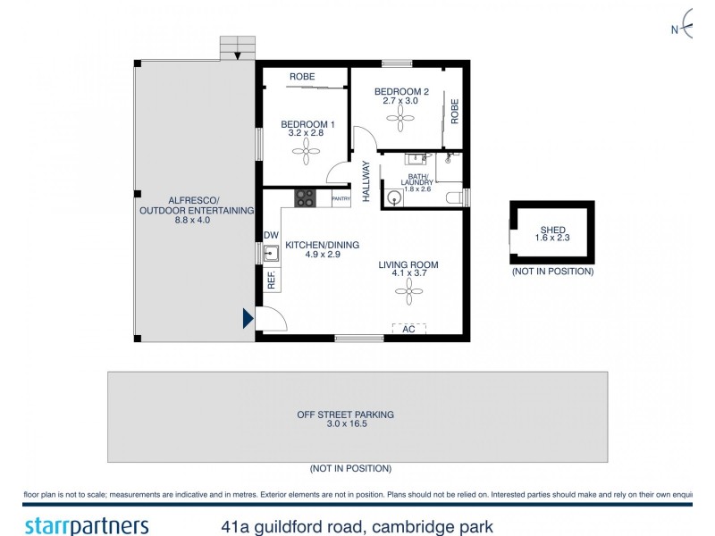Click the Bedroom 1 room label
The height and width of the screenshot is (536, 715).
[x=307, y=124]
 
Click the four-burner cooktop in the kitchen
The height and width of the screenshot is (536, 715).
[x=306, y=198]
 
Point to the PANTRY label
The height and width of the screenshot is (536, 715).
[x=341, y=198]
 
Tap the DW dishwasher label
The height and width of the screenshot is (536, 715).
[x=271, y=236]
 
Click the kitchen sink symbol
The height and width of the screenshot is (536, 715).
[x=272, y=254]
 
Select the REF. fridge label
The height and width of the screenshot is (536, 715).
[x=271, y=280]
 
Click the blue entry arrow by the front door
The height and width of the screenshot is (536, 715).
[x=248, y=318]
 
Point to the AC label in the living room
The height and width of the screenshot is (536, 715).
[x=408, y=329]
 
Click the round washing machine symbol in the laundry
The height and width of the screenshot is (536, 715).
[x=396, y=198]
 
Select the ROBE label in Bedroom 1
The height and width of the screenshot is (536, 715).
[x=301, y=78]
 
